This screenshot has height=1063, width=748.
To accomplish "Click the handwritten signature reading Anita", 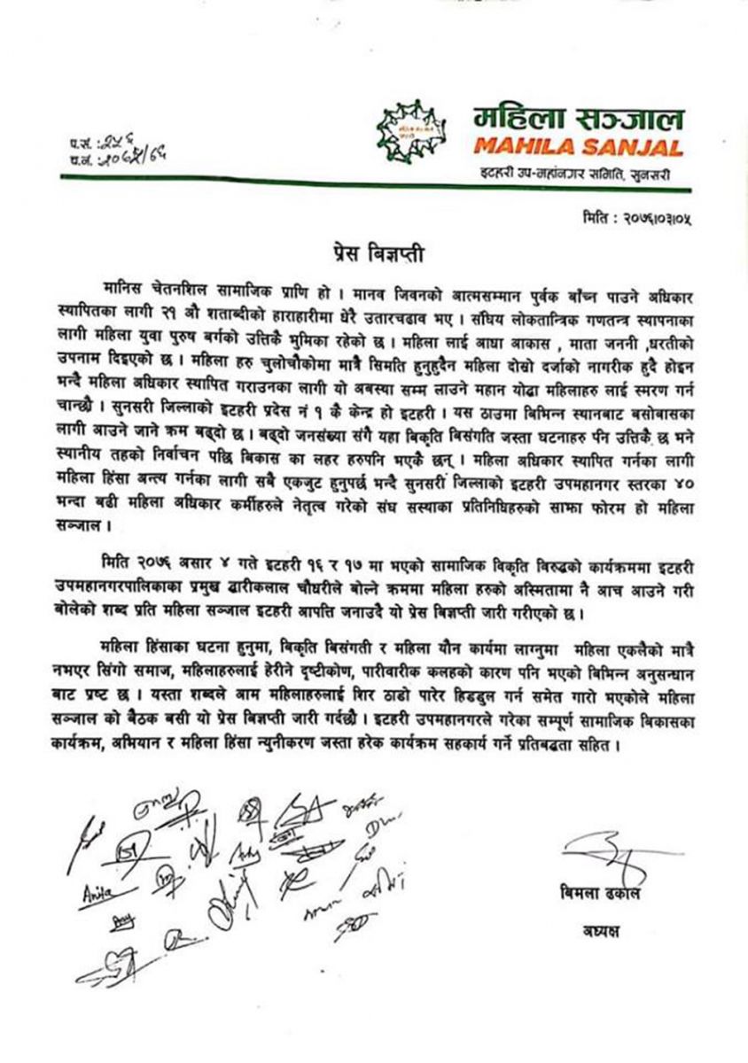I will point(93,890).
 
